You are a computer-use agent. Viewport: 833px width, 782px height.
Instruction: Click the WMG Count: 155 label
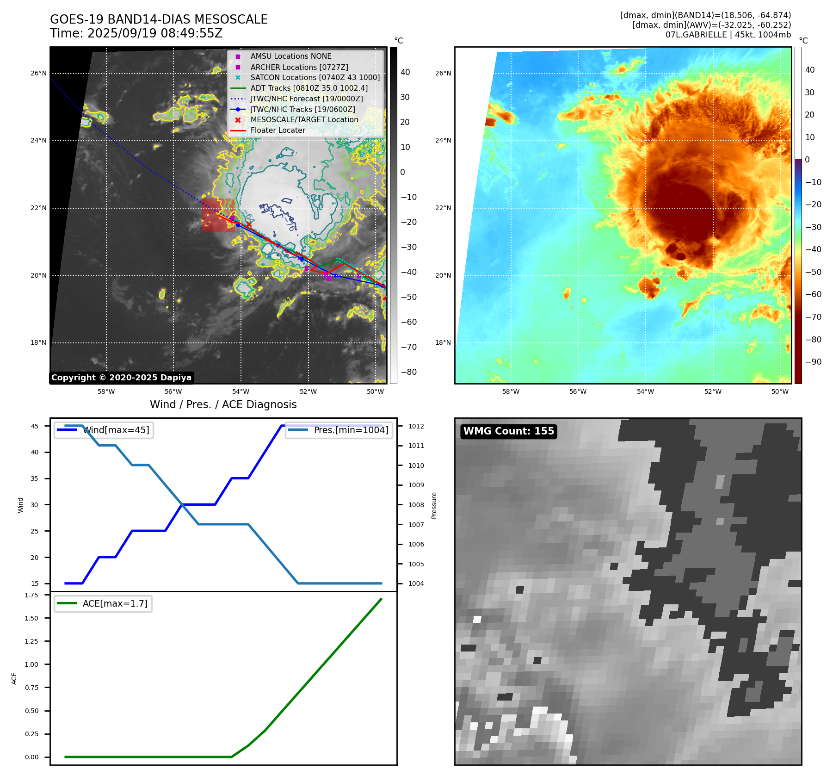point(508,431)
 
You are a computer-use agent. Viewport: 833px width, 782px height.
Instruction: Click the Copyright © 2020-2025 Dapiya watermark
point(121,378)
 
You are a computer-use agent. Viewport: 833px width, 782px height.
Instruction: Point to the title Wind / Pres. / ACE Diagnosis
point(223,404)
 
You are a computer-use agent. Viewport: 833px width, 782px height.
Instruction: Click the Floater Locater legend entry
point(278,130)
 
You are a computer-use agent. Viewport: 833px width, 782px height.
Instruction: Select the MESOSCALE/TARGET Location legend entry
point(304,120)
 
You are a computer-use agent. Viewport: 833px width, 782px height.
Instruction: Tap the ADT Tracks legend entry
point(309,88)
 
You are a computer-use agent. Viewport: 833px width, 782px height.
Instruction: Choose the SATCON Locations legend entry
point(315,77)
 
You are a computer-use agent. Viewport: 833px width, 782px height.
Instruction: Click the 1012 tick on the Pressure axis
point(416,426)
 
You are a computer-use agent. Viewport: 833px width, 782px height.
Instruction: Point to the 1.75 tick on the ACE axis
point(31,595)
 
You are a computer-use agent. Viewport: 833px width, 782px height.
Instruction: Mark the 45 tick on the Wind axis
point(35,426)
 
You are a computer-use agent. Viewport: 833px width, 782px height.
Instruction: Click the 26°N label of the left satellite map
point(38,73)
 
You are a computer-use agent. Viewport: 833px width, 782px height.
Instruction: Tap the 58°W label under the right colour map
point(511,391)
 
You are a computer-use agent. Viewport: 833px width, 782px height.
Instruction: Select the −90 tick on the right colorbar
point(813,362)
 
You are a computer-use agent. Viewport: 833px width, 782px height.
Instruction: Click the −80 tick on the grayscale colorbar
point(408,372)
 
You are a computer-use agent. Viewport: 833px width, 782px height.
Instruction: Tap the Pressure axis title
point(434,505)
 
